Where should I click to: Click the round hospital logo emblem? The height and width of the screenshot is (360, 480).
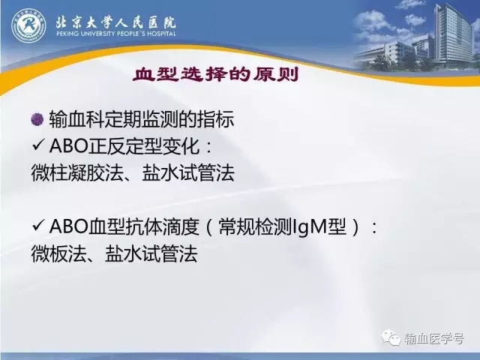point(28,26)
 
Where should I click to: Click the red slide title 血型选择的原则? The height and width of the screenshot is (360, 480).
point(215,75)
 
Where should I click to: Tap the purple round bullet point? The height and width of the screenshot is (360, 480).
point(37,118)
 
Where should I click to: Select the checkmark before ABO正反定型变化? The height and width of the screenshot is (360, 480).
point(37,145)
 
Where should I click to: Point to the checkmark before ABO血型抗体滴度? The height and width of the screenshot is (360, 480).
point(37,226)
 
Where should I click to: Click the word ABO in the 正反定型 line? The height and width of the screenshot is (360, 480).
point(68,146)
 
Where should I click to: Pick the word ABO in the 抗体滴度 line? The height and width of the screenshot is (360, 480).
point(68,226)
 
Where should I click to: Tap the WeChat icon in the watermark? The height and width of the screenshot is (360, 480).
point(390,338)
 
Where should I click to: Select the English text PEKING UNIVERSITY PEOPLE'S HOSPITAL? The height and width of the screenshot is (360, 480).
point(116,34)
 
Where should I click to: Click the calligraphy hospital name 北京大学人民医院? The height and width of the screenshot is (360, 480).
point(115,22)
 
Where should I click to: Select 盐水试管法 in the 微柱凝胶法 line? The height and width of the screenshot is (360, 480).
point(188,173)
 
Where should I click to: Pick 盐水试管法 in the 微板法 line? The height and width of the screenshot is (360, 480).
point(151,253)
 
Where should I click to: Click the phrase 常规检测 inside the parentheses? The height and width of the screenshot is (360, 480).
point(255,227)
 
